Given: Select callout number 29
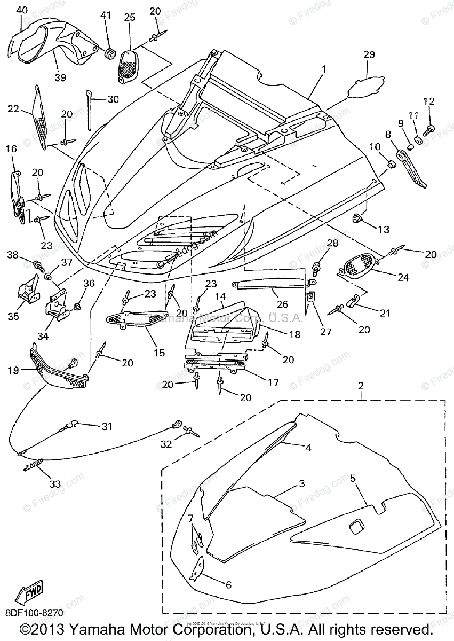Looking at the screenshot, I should coord(369,54).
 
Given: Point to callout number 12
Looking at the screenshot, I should coord(429,101).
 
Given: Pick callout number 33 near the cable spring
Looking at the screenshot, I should coord(55,484).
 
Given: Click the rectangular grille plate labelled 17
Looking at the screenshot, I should coord(214,364).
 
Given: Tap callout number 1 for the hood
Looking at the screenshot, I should coord(323,69).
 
